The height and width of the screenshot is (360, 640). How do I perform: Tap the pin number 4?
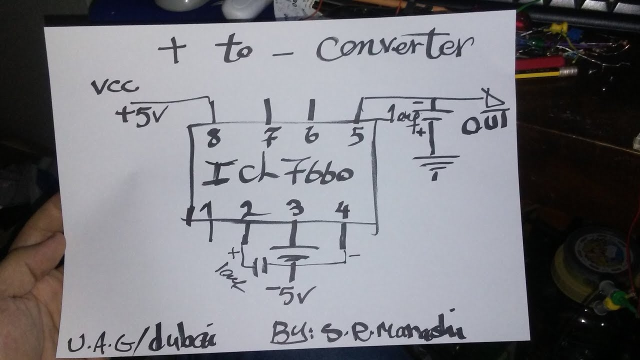[x=343, y=209]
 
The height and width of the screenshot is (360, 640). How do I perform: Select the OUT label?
[x=483, y=123]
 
